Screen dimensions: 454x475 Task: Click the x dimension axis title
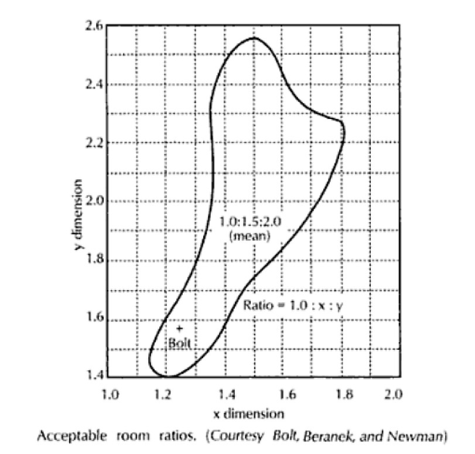click(x=249, y=414)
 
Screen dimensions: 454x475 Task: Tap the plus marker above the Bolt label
click(x=179, y=329)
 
